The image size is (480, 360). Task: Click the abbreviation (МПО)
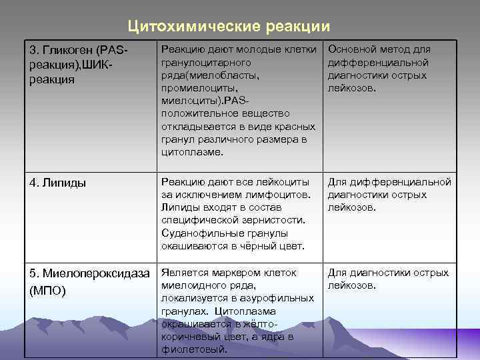pos(48,291)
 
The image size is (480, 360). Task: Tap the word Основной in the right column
pos(353,49)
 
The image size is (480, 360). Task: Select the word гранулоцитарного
pos(206,62)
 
